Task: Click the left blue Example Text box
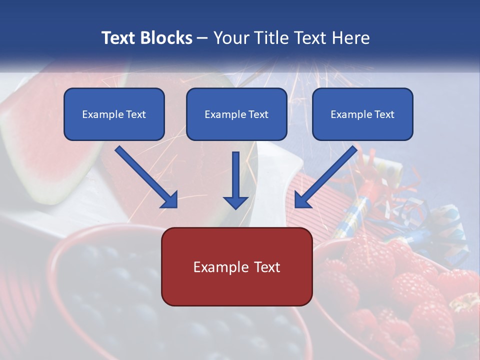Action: pos(114,114)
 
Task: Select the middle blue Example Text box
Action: pos(236,114)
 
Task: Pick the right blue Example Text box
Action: pos(362,114)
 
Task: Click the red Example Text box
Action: pos(236,266)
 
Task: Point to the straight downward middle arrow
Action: pos(235,180)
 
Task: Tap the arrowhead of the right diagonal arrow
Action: pos(302,200)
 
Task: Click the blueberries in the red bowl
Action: pos(115,300)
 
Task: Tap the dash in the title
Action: pos(202,38)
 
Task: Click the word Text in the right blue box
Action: pos(384,114)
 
